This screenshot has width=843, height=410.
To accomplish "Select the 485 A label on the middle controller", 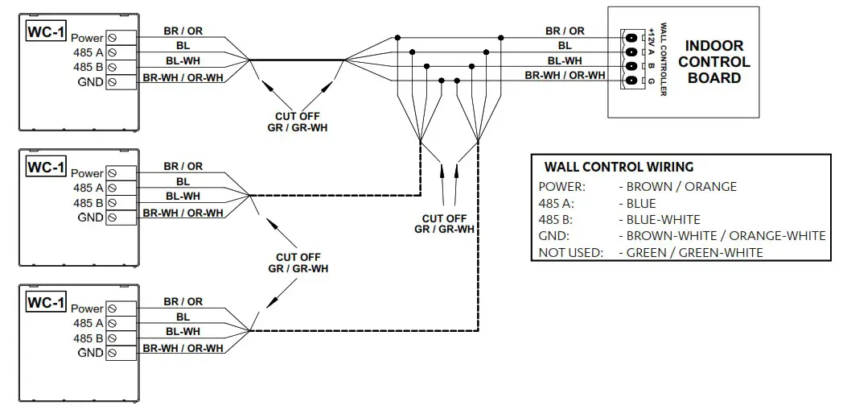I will (88, 188).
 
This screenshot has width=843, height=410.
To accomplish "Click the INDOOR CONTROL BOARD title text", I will (713, 62).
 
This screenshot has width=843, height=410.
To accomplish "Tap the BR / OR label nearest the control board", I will (564, 31).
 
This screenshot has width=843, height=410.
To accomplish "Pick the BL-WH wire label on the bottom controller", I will (183, 331).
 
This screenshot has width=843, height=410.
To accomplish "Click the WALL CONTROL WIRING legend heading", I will (619, 168).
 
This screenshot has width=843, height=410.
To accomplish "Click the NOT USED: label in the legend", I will (570, 252).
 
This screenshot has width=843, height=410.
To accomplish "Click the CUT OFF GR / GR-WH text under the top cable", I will (297, 122).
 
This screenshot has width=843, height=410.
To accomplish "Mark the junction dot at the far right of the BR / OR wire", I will (501, 38).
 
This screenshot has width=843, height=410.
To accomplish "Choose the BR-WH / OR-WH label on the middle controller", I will (183, 213).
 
